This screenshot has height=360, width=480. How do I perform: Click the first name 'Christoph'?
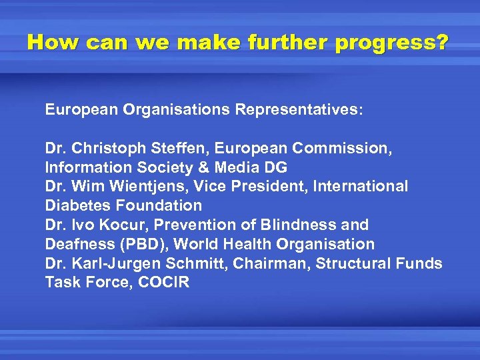107,148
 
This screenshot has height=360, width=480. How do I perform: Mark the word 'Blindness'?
305,225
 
